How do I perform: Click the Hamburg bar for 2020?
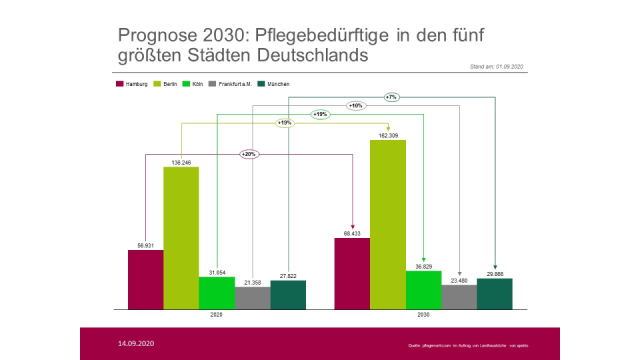[x=146, y=279]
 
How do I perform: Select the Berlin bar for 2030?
[x=388, y=225]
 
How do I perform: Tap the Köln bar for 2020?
[x=217, y=293]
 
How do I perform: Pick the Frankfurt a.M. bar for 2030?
[x=459, y=297]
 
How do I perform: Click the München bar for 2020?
[x=288, y=295]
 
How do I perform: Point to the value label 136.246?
[x=181, y=162]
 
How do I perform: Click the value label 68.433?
[x=352, y=233]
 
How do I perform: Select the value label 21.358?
[x=253, y=283]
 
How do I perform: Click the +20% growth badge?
[x=249, y=154]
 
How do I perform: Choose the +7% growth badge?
[x=391, y=97]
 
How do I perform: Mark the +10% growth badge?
[x=356, y=105]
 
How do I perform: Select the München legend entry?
[x=274, y=84]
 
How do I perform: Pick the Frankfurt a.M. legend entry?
[x=230, y=84]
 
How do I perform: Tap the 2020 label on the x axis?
[x=217, y=315]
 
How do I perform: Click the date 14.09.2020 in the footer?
[x=136, y=343]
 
